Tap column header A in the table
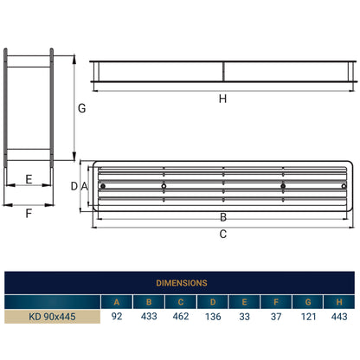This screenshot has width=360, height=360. [117, 301]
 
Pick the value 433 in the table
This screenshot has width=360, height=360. [149, 317]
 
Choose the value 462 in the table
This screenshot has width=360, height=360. [181, 317]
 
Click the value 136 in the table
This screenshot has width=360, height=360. [213, 317]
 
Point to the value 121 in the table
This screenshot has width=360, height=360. [307, 317]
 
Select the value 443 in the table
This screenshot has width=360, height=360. [338, 317]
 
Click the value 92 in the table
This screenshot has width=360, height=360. [117, 317]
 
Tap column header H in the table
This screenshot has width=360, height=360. [338, 301]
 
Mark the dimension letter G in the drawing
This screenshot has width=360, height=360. [81, 109]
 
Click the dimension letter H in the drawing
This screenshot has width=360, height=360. [222, 99]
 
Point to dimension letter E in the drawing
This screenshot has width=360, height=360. [29, 180]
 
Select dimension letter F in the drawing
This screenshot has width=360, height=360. [29, 212]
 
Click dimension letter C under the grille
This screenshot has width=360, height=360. [222, 234]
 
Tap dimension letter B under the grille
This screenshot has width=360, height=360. [222, 217]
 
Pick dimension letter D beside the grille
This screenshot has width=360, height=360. [74, 186]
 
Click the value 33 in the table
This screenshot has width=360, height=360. [244, 317]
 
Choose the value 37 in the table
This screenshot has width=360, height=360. [275, 317]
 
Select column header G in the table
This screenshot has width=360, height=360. [307, 301]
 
